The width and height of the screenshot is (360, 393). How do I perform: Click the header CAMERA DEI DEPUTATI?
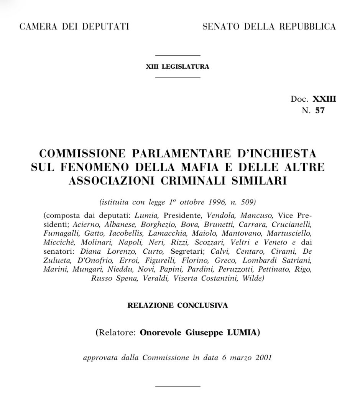tap(74, 26)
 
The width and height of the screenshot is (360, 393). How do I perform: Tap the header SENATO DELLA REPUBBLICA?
tap(269, 26)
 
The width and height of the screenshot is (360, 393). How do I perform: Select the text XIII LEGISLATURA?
tap(178, 66)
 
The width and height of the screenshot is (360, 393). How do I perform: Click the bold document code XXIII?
tap(324, 99)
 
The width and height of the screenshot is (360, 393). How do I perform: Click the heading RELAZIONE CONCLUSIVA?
tap(178, 306)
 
